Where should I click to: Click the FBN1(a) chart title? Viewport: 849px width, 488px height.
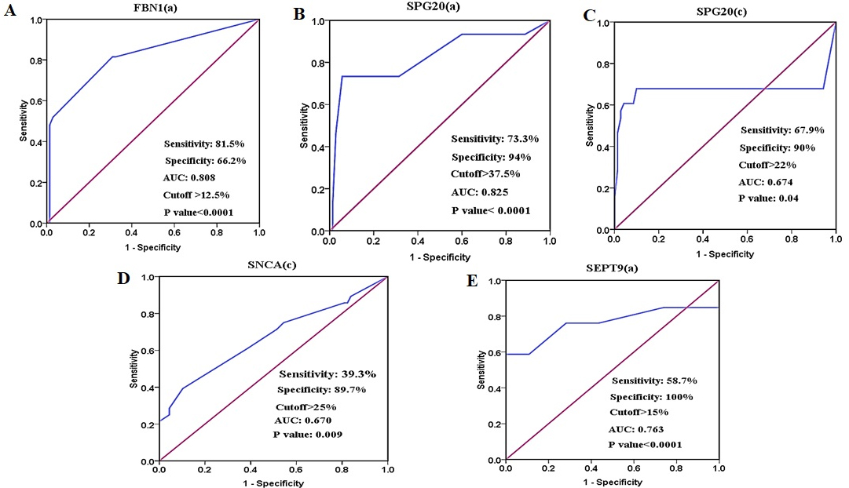point(155,8)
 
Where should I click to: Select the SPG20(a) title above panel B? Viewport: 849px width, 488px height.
point(434,6)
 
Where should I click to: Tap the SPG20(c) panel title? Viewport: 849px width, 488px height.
point(721,11)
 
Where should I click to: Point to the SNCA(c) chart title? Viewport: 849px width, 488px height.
point(272,265)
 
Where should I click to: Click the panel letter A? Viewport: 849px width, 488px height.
point(10,10)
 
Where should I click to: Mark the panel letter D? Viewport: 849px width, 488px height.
point(123,278)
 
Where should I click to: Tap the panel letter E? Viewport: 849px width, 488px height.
point(472,282)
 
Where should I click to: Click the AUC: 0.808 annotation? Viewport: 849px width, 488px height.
point(189,177)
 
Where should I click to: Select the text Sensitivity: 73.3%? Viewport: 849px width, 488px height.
point(495,139)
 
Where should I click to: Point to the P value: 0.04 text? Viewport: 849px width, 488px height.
point(768,198)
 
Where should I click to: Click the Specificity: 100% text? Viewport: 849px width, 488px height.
point(651,396)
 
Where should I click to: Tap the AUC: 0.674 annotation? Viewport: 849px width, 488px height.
point(766,182)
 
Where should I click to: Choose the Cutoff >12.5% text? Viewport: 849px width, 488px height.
point(196,195)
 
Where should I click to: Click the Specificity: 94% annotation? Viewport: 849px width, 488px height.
point(491,158)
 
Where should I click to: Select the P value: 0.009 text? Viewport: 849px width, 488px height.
point(308,435)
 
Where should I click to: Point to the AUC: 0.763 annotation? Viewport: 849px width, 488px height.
point(635,429)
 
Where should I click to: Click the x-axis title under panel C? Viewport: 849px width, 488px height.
point(724,254)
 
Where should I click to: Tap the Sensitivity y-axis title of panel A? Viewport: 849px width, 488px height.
point(24,121)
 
